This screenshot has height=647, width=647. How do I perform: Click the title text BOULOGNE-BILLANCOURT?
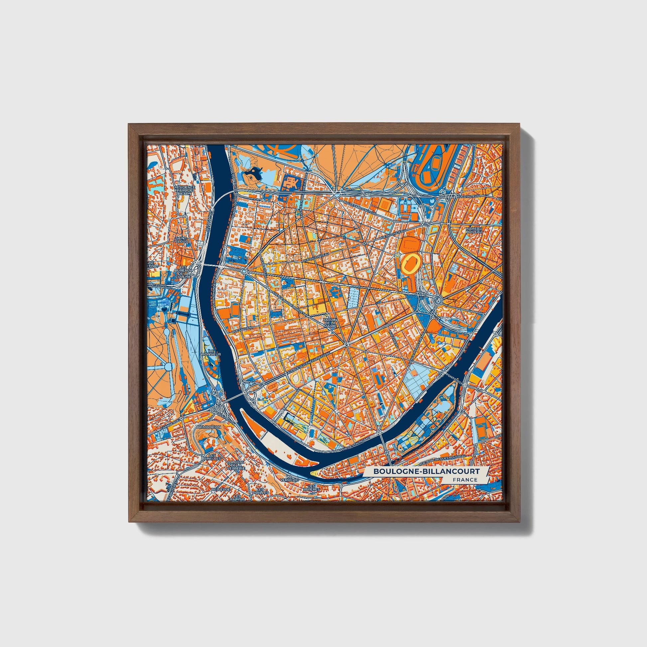(x=426, y=471)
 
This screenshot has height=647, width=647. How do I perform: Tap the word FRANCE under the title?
(x=465, y=479)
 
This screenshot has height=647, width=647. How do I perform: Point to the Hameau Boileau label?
(x=473, y=230)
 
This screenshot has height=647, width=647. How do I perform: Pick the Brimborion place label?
(x=209, y=427)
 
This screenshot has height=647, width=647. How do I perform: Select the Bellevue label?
(x=221, y=489)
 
